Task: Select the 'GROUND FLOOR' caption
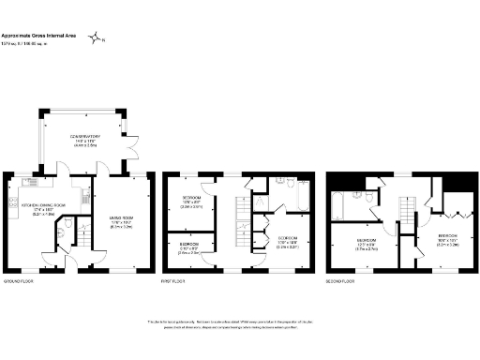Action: pos(20,280)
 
